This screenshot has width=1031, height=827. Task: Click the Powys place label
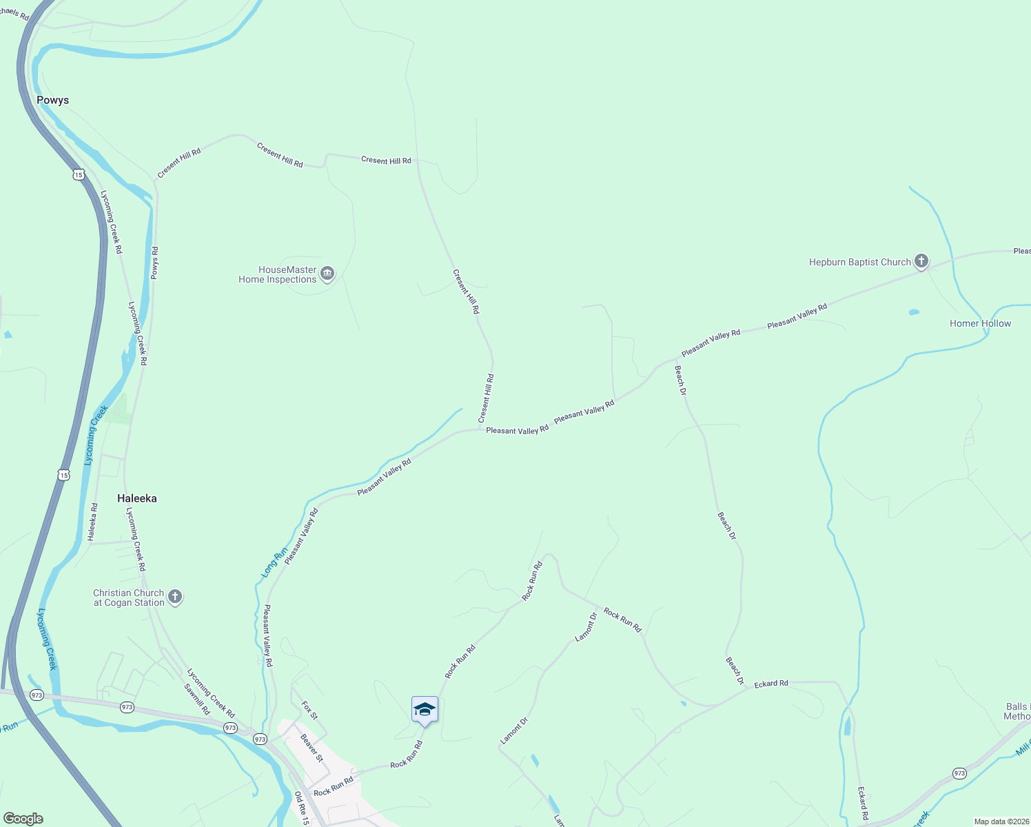pos(53,101)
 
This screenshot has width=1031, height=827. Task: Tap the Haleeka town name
pos(137,498)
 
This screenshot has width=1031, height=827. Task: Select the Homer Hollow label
pos(980,323)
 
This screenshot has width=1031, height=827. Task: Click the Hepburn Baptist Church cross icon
pos(921,261)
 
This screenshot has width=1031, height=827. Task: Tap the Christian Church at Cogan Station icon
pos(175,597)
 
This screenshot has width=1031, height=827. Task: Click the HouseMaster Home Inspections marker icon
pos(327,274)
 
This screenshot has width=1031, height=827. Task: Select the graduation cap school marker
pos(425,709)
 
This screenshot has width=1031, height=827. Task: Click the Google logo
pos(23,819)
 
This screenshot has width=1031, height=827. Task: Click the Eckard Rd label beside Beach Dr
pos(771,684)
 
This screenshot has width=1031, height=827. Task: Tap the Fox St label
pos(309,711)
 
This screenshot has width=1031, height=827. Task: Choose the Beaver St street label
pos(312,748)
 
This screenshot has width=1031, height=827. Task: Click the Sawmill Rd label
pos(197,699)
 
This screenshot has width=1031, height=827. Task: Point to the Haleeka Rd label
pos(94,521)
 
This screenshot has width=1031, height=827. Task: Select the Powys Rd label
pos(154,263)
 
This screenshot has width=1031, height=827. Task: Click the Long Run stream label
pos(274,562)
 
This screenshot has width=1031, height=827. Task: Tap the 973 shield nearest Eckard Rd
pos(959,774)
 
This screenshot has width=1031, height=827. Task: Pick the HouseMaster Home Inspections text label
pos(278,275)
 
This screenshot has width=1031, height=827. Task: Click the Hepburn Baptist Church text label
pos(859,262)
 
